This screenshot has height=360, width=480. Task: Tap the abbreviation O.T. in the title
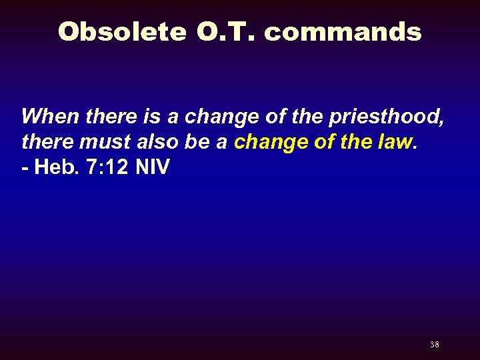[222, 31]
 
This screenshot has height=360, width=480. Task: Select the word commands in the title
[343, 31]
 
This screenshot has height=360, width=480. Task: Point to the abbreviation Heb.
[55, 167]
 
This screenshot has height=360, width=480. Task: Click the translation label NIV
[153, 167]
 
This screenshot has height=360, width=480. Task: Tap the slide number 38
[434, 345]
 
